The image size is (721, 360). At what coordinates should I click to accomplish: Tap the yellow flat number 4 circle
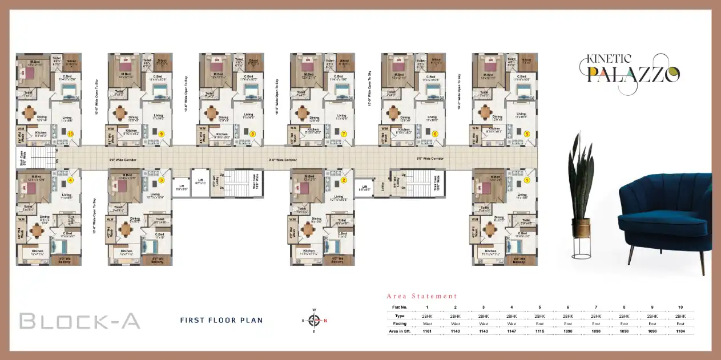point(71,180)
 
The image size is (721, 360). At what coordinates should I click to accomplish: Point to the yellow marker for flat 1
point(526,180)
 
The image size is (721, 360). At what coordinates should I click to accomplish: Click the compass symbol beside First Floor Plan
point(313,320)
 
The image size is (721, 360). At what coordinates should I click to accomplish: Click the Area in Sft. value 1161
point(427,331)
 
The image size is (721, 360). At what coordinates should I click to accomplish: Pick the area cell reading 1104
point(679,331)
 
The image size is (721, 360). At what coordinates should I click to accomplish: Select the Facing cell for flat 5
point(539,323)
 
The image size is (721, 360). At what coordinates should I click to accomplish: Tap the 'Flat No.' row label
point(400,307)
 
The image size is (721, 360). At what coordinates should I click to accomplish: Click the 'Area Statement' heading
point(422,296)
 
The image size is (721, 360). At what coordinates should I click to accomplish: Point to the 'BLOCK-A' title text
point(80,321)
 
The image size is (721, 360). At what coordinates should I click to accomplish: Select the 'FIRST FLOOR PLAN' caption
point(221,320)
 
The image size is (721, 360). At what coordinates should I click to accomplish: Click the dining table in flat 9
point(119,113)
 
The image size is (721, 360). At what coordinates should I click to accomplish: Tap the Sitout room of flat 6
point(436,62)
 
